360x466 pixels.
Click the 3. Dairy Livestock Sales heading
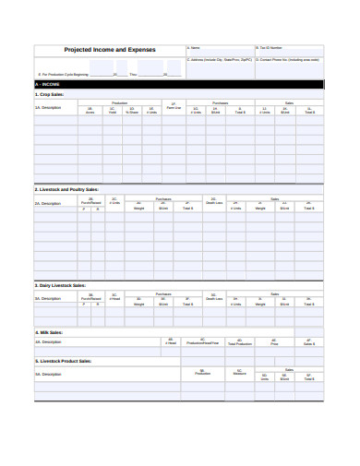tap(60, 286)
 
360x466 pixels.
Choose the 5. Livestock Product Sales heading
tap(64, 361)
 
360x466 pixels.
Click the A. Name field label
tap(194, 46)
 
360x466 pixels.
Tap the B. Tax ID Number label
tap(268, 46)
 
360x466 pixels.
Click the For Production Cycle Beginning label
tap(65, 74)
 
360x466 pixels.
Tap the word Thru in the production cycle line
tap(133, 74)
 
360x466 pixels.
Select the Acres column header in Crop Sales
tap(90, 112)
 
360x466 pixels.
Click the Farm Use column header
tap(173, 109)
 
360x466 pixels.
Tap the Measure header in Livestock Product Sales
tap(240, 374)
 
